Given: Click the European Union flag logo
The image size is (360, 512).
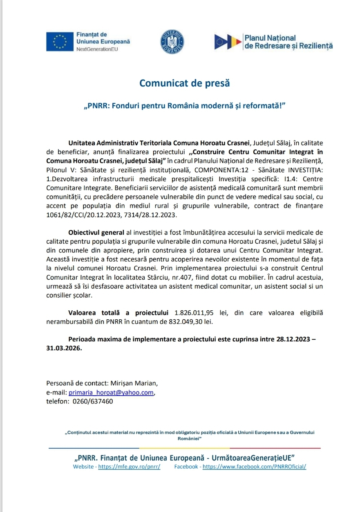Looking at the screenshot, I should tap(60, 42).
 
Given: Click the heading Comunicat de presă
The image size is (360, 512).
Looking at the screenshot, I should tap(185, 83).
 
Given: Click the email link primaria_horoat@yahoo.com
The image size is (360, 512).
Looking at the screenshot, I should tap(111, 392).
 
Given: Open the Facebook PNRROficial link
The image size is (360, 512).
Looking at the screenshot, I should tap(254, 467).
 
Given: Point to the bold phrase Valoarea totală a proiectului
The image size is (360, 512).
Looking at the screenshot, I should tap(119, 313).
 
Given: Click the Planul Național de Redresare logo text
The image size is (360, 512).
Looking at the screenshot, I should tap(288, 42).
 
